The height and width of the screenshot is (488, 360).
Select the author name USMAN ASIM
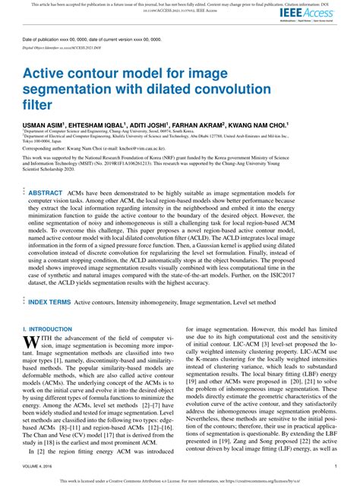43,124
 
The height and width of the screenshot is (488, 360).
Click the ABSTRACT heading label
46,194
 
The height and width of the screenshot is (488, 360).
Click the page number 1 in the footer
335,466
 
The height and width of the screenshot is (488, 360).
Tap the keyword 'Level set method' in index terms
276,301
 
